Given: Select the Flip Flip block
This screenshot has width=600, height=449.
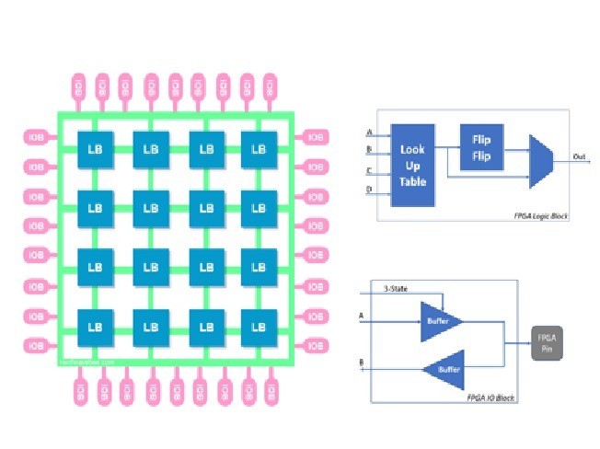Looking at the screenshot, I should point(480,148).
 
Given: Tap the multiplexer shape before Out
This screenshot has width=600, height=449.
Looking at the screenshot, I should point(540,158).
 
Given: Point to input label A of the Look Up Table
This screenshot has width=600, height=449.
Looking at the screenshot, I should point(369,132).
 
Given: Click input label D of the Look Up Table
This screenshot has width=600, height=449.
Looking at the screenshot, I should point(369,190).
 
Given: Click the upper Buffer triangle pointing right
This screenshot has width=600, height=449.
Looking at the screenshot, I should point(439,321).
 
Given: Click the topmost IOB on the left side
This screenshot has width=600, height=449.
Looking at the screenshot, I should point(37,138).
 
